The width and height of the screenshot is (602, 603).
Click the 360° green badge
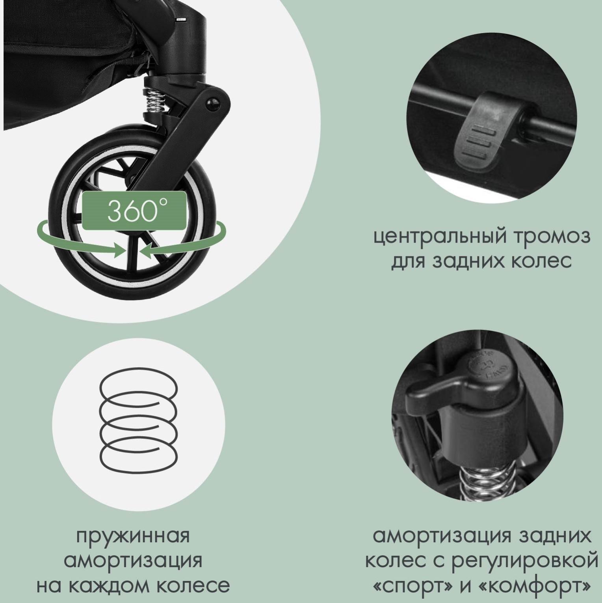(x=134, y=211)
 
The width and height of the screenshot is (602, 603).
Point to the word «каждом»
(x=111, y=586)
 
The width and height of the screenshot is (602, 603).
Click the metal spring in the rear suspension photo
(x=488, y=481)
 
